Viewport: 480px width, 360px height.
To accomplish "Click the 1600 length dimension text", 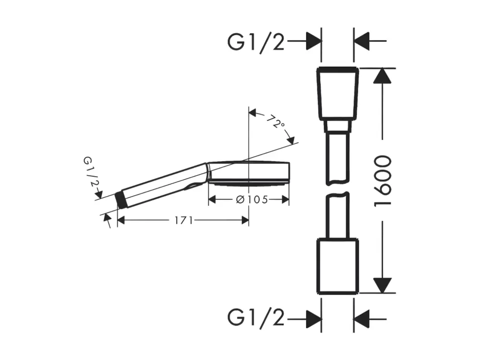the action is coord(383,181).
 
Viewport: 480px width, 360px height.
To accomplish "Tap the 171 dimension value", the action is coord(184,220).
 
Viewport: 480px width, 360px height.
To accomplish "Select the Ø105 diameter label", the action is coord(252,200).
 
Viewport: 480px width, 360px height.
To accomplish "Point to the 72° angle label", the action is coord(276,121).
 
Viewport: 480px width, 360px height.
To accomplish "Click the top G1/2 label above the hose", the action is coord(256,42).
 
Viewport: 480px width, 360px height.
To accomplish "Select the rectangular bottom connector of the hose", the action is coord(337,265).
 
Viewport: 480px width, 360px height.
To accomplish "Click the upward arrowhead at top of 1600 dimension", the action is coord(383,75).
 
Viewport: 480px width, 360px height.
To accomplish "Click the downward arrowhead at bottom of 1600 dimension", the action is coord(383,285).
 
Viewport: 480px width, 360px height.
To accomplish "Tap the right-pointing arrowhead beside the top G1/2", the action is coord(313,41).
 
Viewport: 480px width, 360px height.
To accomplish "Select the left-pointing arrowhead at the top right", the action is coord(361,41).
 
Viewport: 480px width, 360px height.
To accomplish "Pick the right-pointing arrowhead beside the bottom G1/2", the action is coord(313,319).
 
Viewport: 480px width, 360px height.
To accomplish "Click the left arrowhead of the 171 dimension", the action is coord(121,220).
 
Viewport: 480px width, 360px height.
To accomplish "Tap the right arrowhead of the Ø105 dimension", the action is coord(286,200).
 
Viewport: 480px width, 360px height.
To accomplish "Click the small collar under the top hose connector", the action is coord(337,126).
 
